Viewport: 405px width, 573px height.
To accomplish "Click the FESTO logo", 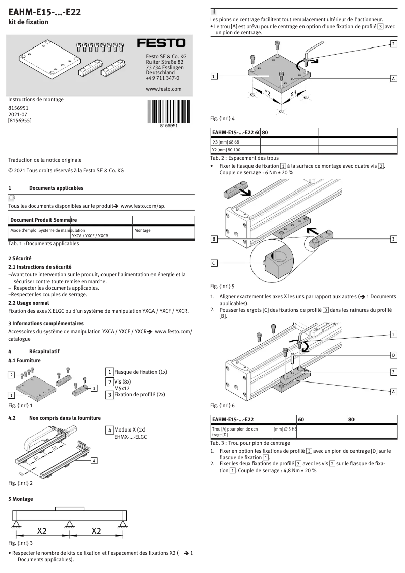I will point(162,44).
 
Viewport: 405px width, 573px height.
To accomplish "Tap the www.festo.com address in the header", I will point(163,89).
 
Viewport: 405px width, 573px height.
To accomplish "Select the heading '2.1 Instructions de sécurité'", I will point(39,266).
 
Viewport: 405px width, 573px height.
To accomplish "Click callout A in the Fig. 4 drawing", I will point(393,79).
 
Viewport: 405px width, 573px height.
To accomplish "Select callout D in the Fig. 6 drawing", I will point(393,355).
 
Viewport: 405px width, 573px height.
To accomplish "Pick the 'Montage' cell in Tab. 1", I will point(143,230).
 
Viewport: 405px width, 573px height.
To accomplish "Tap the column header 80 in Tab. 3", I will point(351,419).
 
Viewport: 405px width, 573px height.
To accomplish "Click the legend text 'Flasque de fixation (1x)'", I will point(140,372).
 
